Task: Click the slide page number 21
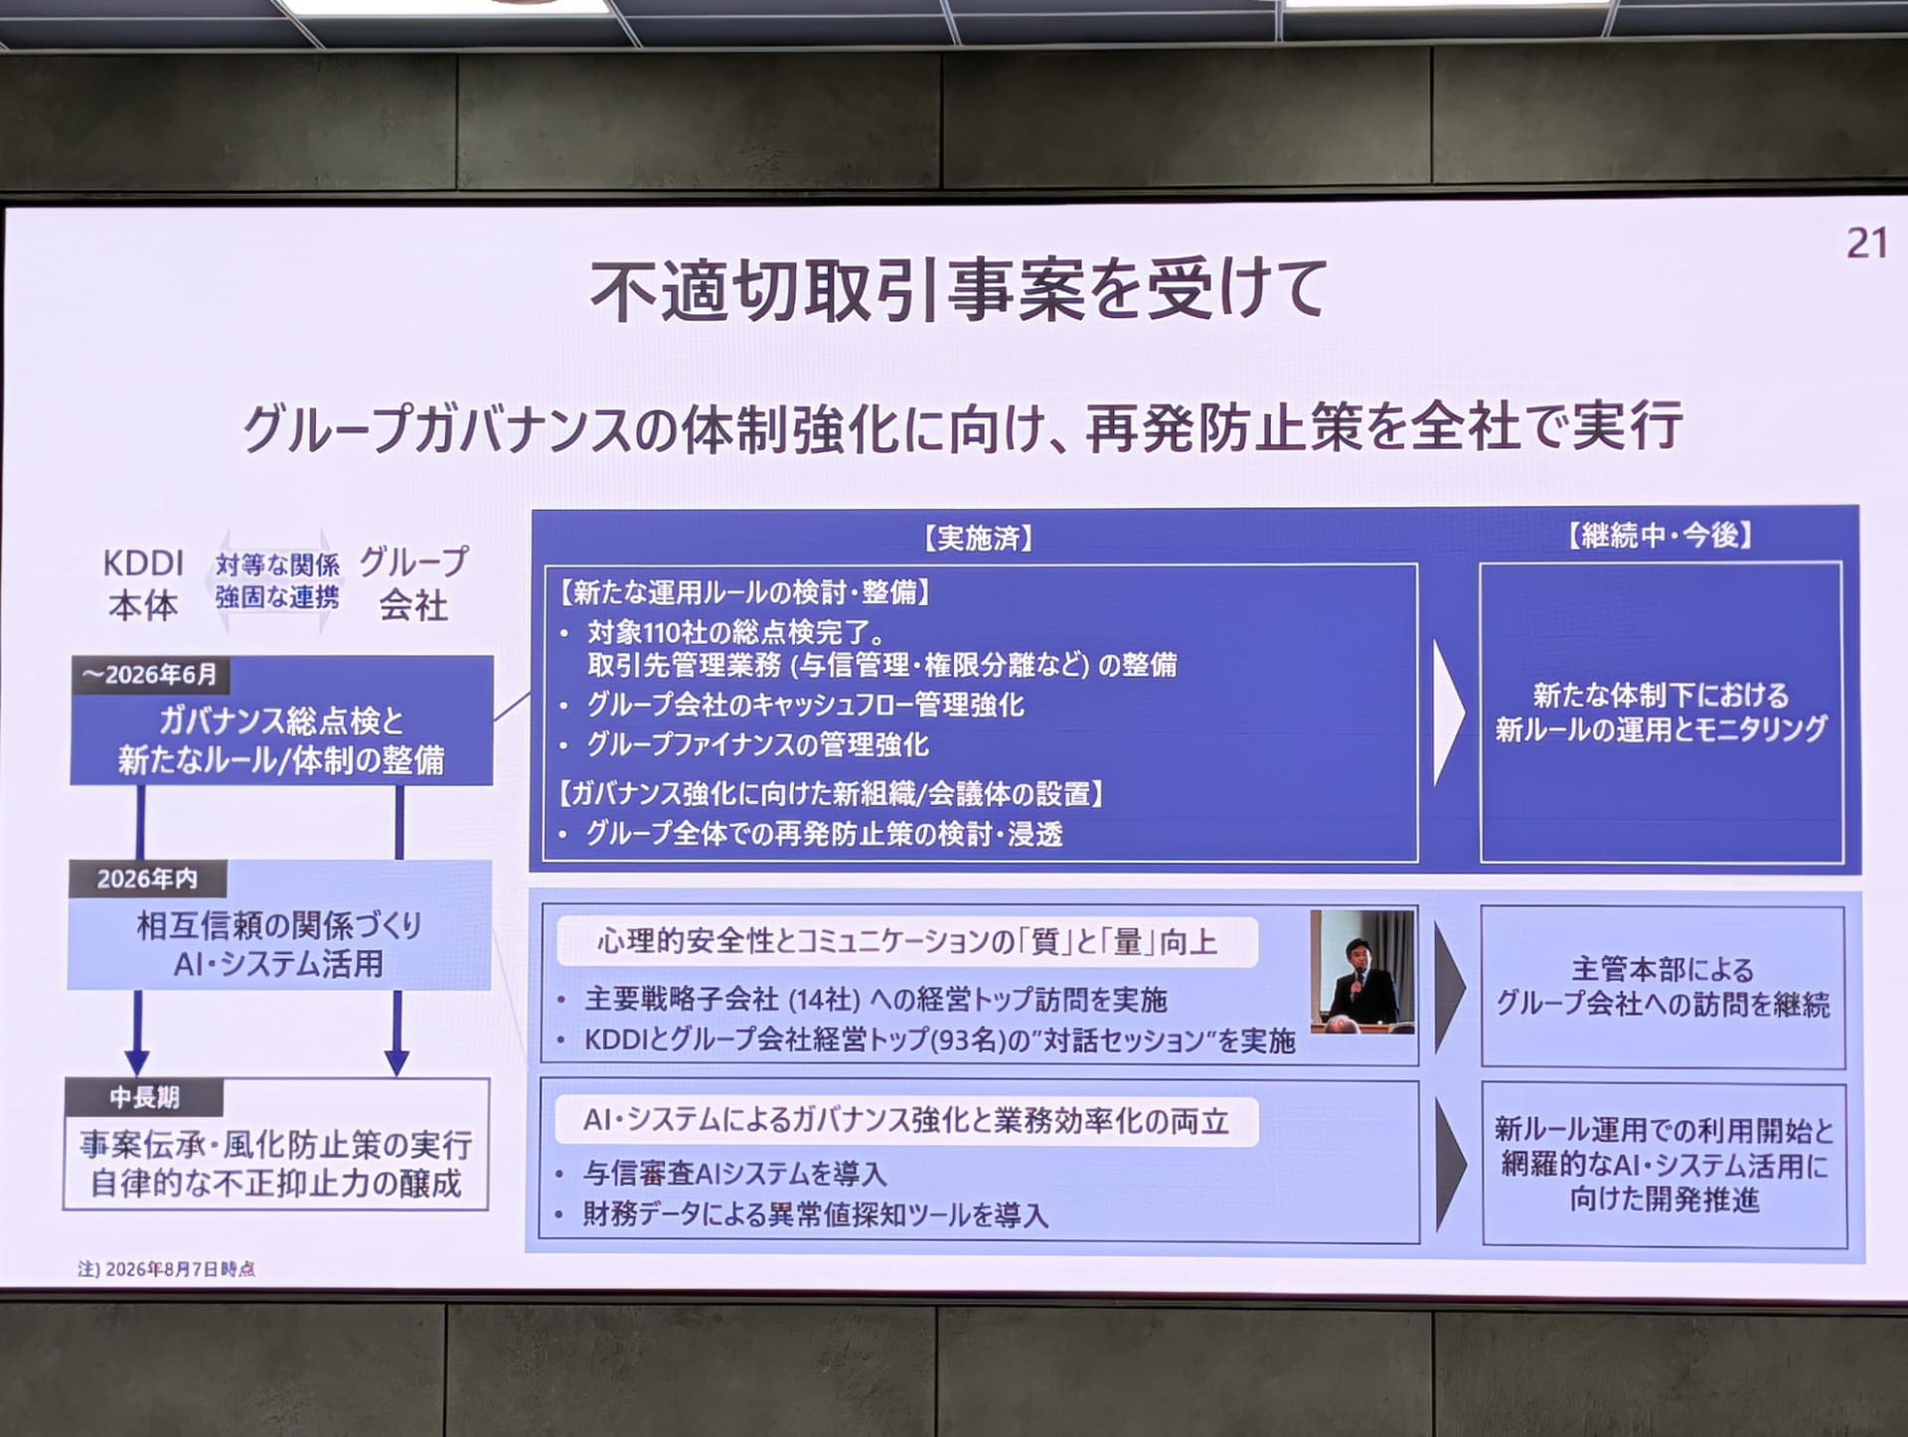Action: click(x=1866, y=243)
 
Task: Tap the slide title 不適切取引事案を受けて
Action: click(x=959, y=290)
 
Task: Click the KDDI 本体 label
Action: click(x=143, y=584)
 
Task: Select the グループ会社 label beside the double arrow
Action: click(x=413, y=584)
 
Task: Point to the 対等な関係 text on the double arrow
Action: click(x=277, y=564)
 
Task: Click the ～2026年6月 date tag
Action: click(x=150, y=675)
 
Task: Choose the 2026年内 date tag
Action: click(x=147, y=878)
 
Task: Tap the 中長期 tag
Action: click(x=144, y=1097)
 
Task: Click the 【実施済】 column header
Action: click(x=978, y=539)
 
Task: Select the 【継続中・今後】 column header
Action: click(x=1660, y=536)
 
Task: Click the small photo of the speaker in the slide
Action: click(x=1361, y=973)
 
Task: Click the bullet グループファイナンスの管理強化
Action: click(x=757, y=744)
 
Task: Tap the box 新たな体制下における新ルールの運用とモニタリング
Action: click(x=1661, y=712)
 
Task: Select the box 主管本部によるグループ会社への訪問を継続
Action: click(x=1663, y=987)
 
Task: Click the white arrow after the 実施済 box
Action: click(x=1448, y=713)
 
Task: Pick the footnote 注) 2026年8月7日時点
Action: click(x=166, y=1269)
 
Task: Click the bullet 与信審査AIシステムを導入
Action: click(x=734, y=1174)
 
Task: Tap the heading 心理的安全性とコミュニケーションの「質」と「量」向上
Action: click(x=907, y=941)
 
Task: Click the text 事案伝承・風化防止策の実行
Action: click(x=276, y=1145)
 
